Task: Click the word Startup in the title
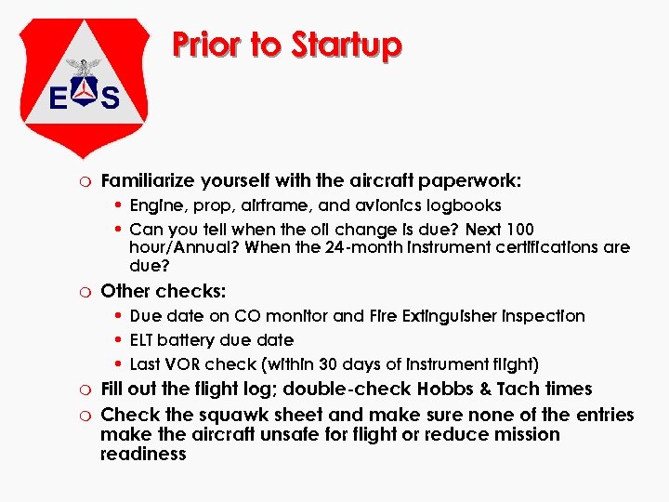(x=347, y=45)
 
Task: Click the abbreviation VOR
(x=181, y=364)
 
